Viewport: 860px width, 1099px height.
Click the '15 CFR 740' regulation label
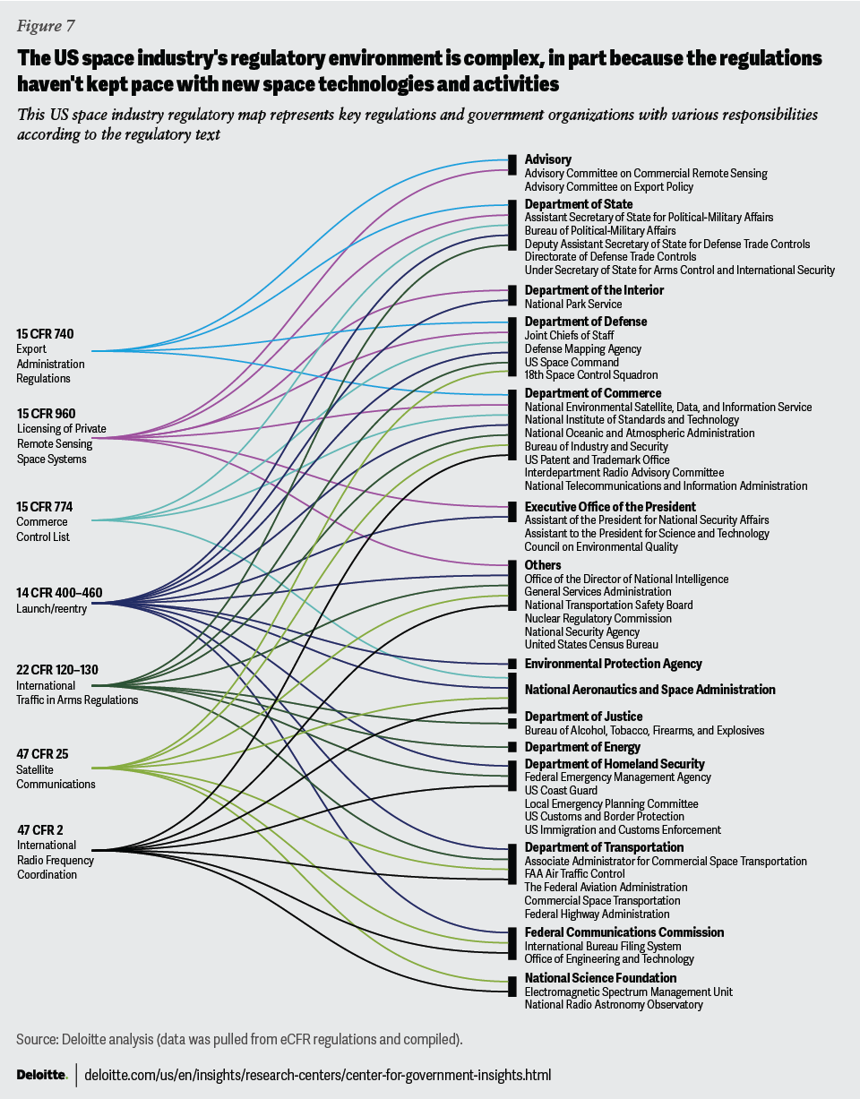45,334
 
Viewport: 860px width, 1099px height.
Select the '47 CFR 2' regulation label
40,829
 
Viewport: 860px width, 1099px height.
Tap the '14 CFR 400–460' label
57,592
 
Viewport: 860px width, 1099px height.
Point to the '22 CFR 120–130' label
57,669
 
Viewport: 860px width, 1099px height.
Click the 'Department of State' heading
579,204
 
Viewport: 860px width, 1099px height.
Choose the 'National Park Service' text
573,304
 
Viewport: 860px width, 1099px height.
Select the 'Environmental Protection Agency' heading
613,664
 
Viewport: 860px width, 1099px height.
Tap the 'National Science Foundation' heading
600,978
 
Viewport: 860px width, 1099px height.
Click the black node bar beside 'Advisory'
512,164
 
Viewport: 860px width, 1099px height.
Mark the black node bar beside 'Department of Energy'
512,747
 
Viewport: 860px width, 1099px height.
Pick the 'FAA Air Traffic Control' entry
574,874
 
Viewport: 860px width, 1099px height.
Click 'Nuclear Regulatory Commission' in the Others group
598,618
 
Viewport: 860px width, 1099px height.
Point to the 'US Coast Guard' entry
561,791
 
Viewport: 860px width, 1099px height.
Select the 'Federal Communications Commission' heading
623,932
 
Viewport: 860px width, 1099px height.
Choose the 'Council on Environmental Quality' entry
601,546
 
